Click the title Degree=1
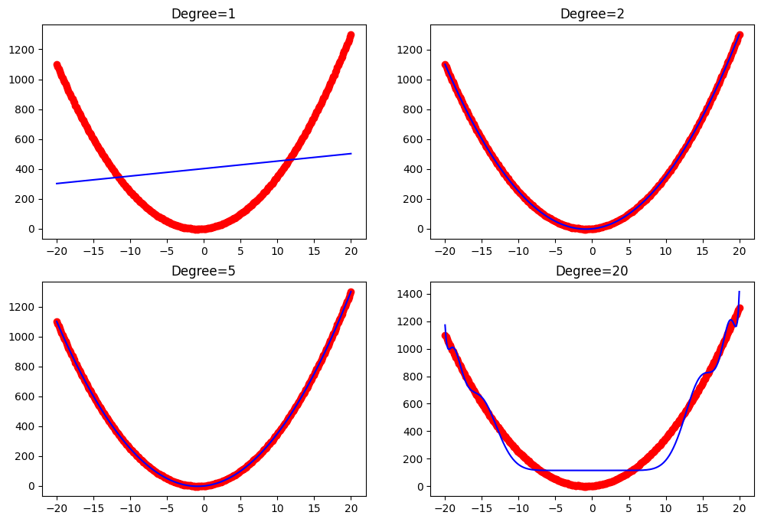point(204,14)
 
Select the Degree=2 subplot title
point(592,14)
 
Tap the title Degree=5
point(204,271)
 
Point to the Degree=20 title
point(592,271)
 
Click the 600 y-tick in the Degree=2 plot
point(412,139)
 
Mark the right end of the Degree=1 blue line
point(351,154)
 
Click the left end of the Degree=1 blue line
point(57,184)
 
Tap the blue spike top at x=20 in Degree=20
point(740,292)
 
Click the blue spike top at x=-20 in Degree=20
point(445,325)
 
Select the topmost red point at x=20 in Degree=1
point(351,34)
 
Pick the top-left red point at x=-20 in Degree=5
point(57,322)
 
